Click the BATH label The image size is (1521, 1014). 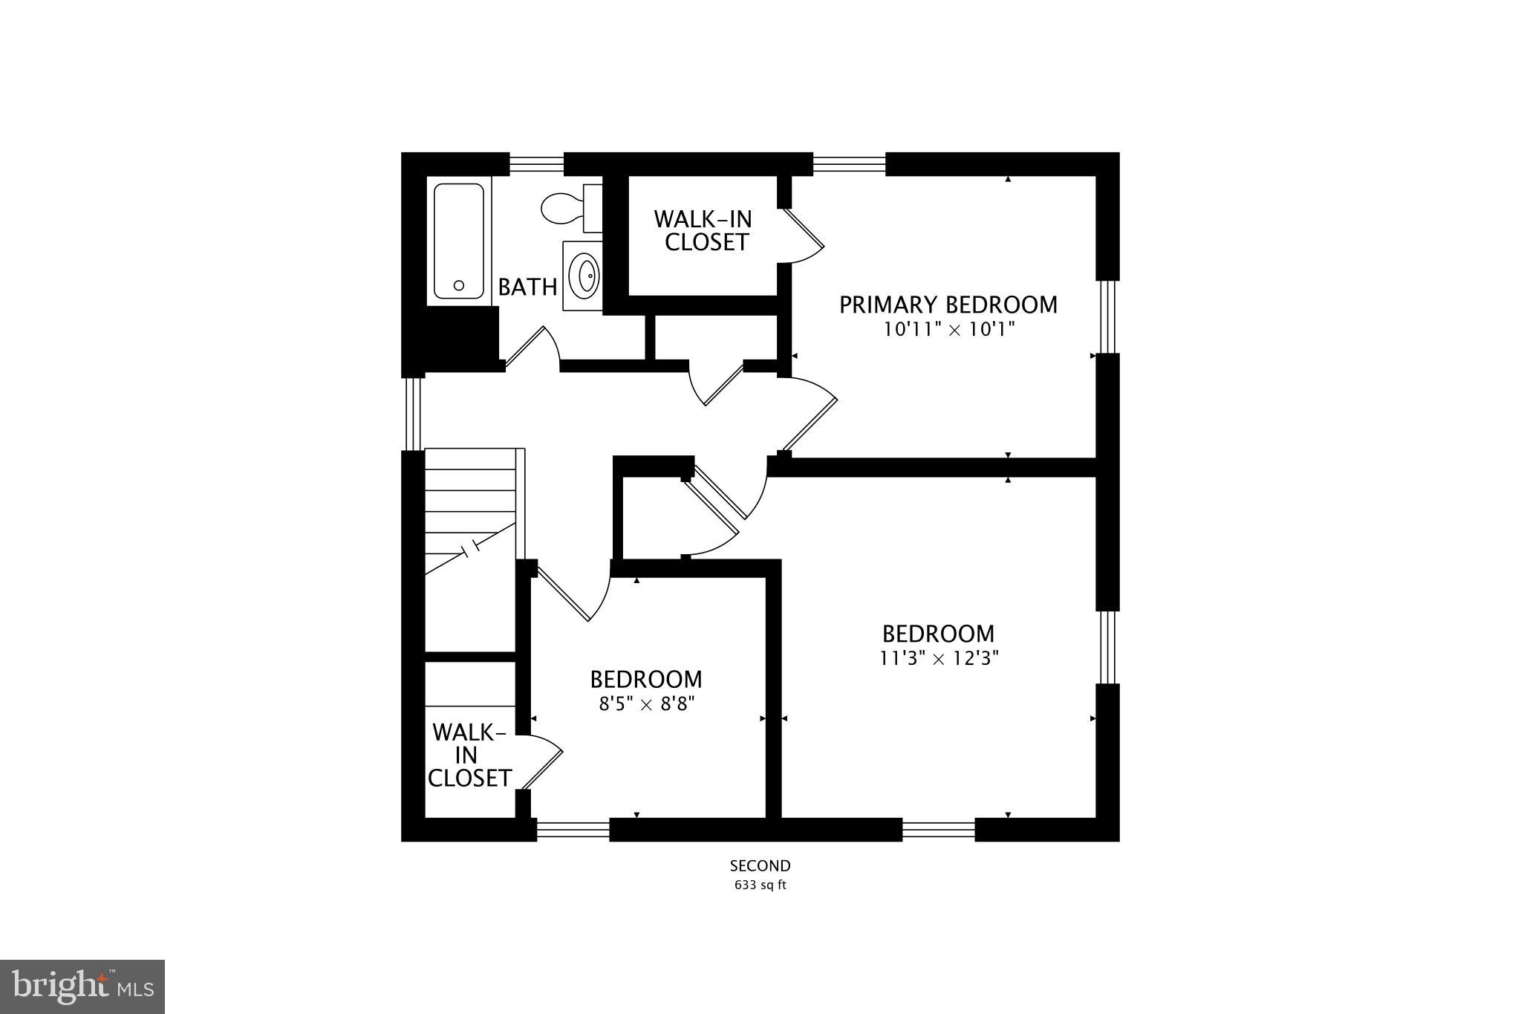click(527, 287)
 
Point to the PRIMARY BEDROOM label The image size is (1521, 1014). click(948, 305)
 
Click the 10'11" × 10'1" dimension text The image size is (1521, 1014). click(948, 329)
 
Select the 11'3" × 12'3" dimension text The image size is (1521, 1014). click(939, 658)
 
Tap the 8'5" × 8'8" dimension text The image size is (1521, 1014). click(646, 703)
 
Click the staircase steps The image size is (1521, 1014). click(470, 505)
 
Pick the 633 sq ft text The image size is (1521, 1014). click(760, 885)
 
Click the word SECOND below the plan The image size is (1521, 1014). click(760, 865)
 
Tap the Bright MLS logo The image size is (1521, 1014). click(82, 987)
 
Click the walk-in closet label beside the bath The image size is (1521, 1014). click(703, 231)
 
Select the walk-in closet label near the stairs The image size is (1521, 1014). click(469, 755)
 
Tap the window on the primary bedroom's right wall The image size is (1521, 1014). click(1107, 316)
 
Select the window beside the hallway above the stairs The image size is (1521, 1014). click(413, 414)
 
